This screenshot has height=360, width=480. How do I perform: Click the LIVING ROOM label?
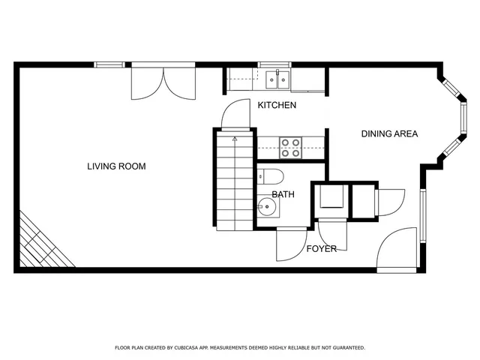(115, 166)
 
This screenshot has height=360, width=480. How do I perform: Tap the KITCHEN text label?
(277, 106)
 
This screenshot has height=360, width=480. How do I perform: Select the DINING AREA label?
(389, 134)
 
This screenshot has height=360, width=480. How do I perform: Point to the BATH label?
(283, 194)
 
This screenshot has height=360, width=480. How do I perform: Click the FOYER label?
(321, 248)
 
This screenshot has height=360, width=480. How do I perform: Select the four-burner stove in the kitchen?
(290, 148)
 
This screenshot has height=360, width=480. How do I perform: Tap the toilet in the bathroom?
(271, 177)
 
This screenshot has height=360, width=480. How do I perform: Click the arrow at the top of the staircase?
(235, 139)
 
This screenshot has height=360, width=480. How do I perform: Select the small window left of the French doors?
(109, 64)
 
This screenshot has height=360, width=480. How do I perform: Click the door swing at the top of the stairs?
(234, 114)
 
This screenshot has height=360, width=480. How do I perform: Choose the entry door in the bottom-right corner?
(397, 251)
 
